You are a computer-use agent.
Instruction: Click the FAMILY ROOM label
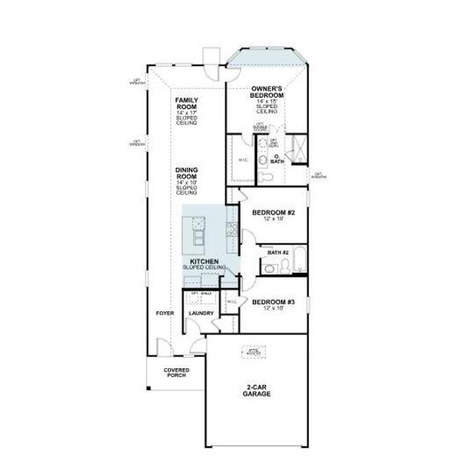click(186, 104)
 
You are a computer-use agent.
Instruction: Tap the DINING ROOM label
click(186, 173)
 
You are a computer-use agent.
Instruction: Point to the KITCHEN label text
click(203, 260)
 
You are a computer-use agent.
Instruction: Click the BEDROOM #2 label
click(273, 212)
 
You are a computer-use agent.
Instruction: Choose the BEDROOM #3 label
click(273, 302)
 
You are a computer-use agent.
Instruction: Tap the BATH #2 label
click(278, 252)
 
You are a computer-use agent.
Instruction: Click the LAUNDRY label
click(201, 313)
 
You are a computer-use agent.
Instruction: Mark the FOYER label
click(164, 313)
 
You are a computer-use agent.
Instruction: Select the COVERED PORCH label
click(175, 372)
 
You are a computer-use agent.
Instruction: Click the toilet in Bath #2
click(269, 269)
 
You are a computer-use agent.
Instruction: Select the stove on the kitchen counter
click(232, 229)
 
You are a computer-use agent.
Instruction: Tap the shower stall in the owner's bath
click(297, 147)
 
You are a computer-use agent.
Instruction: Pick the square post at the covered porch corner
click(147, 387)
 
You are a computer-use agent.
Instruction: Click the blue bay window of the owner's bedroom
click(267, 60)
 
